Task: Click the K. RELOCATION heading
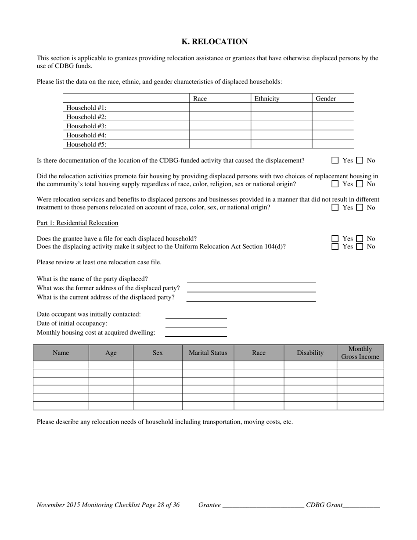(x=215, y=42)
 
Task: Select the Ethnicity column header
(x=267, y=99)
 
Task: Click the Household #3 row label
(x=86, y=126)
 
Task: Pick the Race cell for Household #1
(x=220, y=108)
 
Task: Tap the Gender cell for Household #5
(x=333, y=144)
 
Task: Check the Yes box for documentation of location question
(x=335, y=161)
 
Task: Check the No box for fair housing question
(x=359, y=184)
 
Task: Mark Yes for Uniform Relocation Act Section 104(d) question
(x=335, y=247)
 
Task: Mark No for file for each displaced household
(x=359, y=239)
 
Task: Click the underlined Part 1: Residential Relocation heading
(x=77, y=223)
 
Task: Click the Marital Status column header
(x=208, y=353)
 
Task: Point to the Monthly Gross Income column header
(x=360, y=353)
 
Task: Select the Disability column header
(x=310, y=353)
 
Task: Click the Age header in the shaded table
(x=111, y=353)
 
